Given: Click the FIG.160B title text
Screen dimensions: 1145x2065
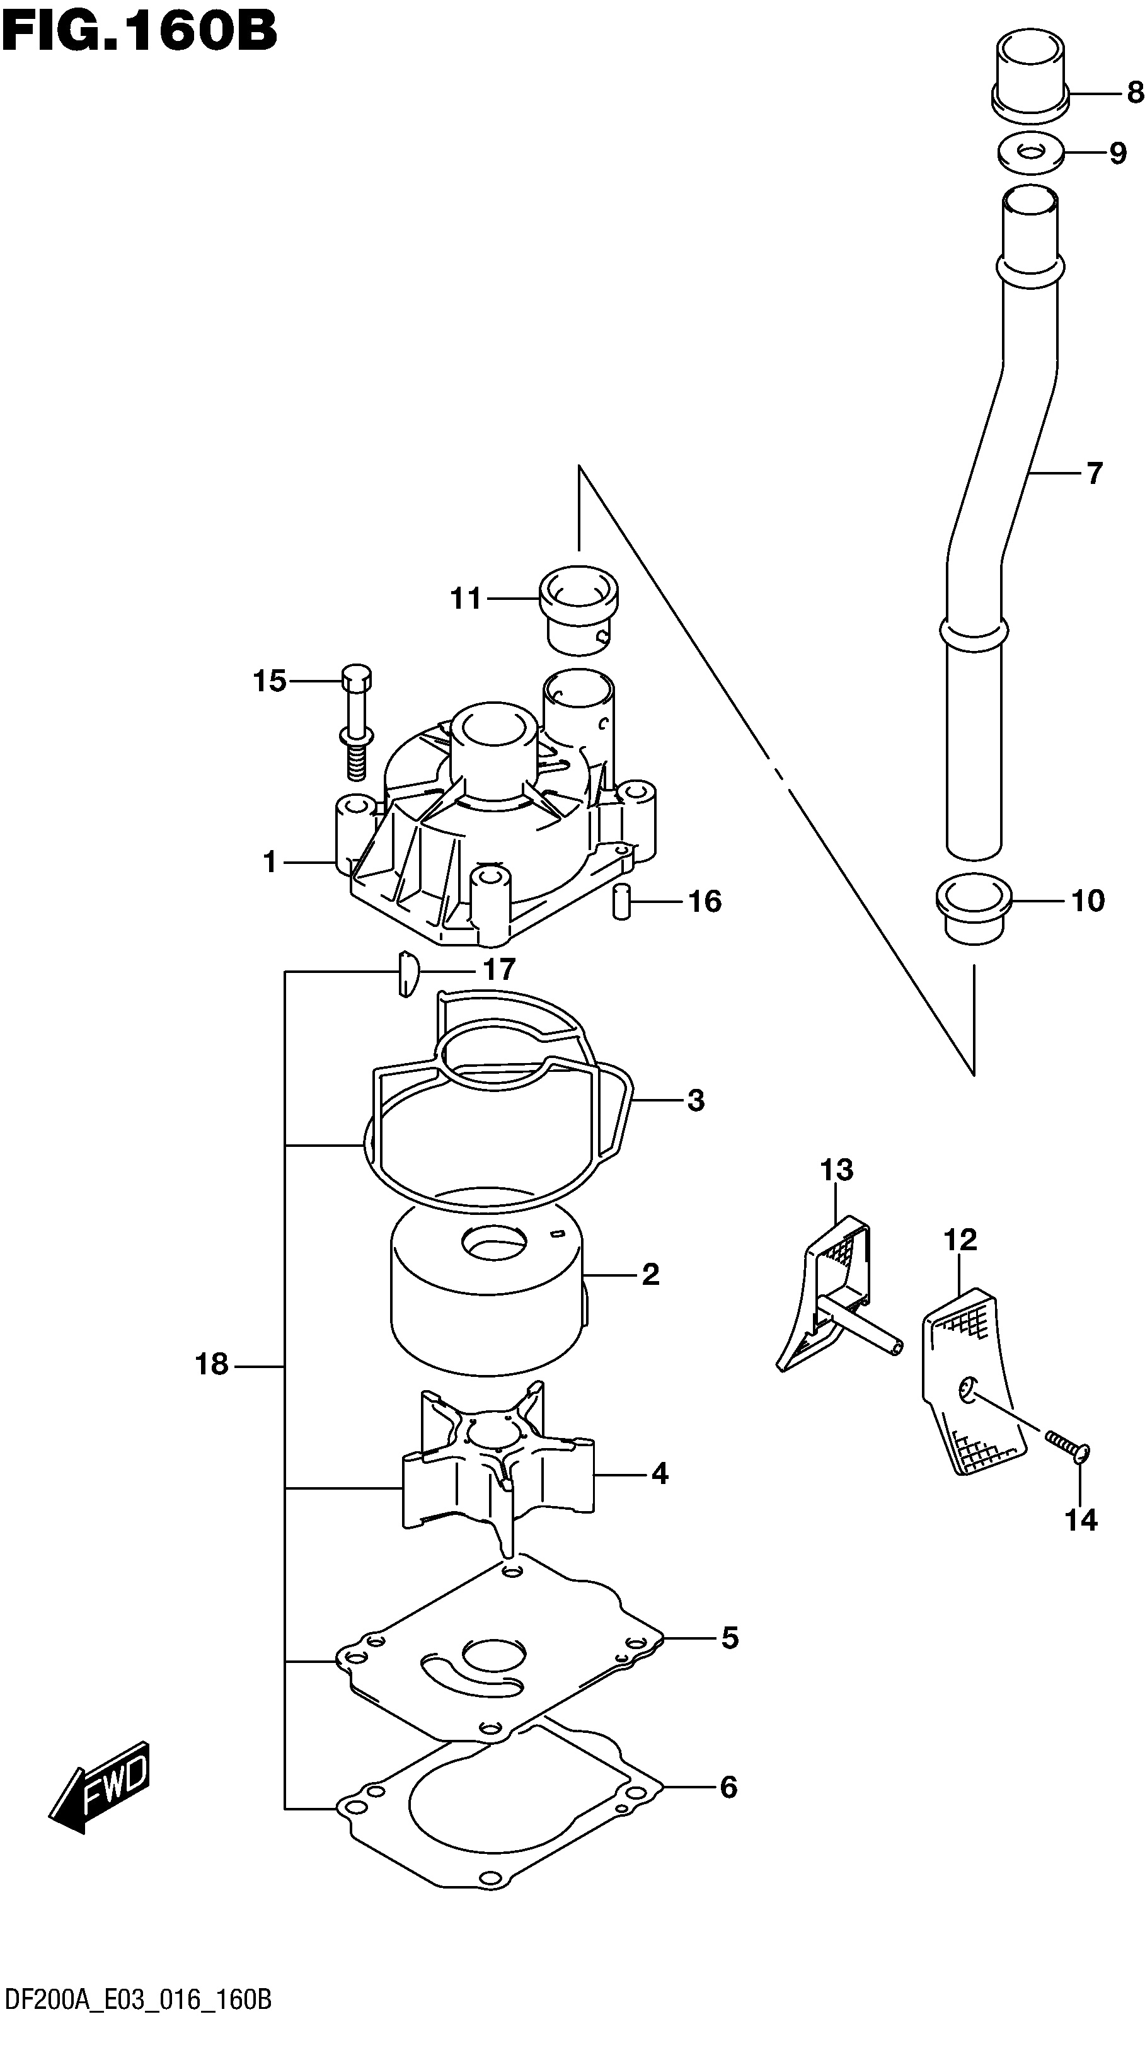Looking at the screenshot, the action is [139, 32].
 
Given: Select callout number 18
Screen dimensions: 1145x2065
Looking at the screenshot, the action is [212, 1364].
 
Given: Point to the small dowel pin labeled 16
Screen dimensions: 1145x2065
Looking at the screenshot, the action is [621, 901].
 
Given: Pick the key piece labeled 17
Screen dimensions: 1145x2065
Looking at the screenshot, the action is [407, 973].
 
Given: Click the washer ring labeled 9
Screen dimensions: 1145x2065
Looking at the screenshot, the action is [1030, 152].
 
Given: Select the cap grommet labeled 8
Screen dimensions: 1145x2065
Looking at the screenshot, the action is [1030, 76].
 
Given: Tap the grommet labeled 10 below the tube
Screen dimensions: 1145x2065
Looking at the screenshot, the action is [974, 910].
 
